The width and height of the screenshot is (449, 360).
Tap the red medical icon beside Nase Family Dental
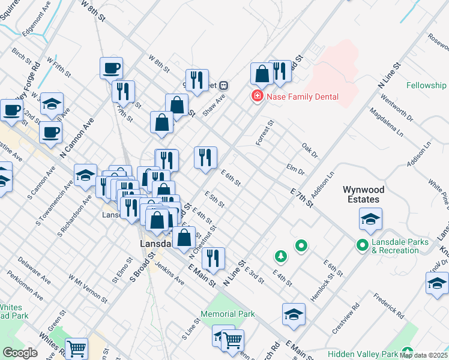(x=257, y=97)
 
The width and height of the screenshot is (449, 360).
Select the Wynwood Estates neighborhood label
(x=361, y=194)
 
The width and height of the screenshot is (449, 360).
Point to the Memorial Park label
(x=228, y=314)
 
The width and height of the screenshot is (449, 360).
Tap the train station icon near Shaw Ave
(x=223, y=85)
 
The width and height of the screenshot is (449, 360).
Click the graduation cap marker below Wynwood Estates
(x=370, y=220)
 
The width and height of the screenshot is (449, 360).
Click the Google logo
(x=20, y=353)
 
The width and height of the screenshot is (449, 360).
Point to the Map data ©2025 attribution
(x=424, y=355)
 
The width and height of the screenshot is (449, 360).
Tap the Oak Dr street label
(x=309, y=150)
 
